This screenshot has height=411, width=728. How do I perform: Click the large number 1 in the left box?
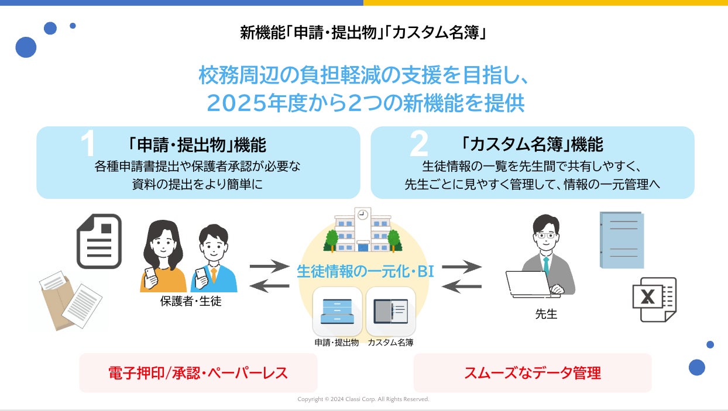tap(88, 144)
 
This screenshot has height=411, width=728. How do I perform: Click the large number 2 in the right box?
tap(419, 144)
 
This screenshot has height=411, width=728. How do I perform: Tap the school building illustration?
tap(363, 232)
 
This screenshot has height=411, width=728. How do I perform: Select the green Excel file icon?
tap(654, 299)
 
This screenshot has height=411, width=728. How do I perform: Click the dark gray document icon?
tap(99, 241)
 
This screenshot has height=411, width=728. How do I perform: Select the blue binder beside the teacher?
tap(621, 240)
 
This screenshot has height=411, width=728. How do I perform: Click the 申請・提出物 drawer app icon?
tap(336, 312)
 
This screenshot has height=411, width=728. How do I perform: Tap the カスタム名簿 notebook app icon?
tap(390, 312)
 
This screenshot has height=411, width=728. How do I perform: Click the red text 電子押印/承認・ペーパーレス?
tap(198, 373)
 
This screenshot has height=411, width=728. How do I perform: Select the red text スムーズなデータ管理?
tap(532, 373)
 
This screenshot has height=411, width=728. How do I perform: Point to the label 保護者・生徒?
tap(191, 302)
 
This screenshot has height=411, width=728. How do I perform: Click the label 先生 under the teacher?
tap(546, 314)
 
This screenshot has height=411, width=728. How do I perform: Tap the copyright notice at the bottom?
tap(363, 399)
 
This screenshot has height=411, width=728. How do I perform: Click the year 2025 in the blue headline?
tap(234, 103)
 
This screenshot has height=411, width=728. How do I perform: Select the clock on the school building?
tap(363, 215)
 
